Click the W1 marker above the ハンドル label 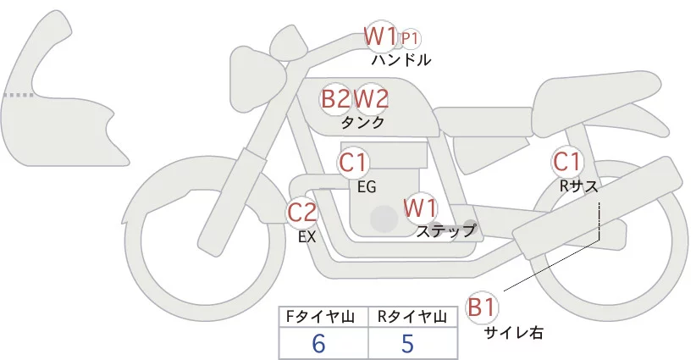point(381,36)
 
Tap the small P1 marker point(410,38)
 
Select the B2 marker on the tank point(335,98)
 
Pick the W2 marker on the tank point(371,98)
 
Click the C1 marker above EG point(354,162)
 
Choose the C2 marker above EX point(302,212)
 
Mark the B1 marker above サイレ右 point(482,307)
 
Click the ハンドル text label point(400,60)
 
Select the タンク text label point(363,122)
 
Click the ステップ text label point(445,230)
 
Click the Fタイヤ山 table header point(323,317)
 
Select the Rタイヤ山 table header point(413,317)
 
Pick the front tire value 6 point(319,344)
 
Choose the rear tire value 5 point(407,344)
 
